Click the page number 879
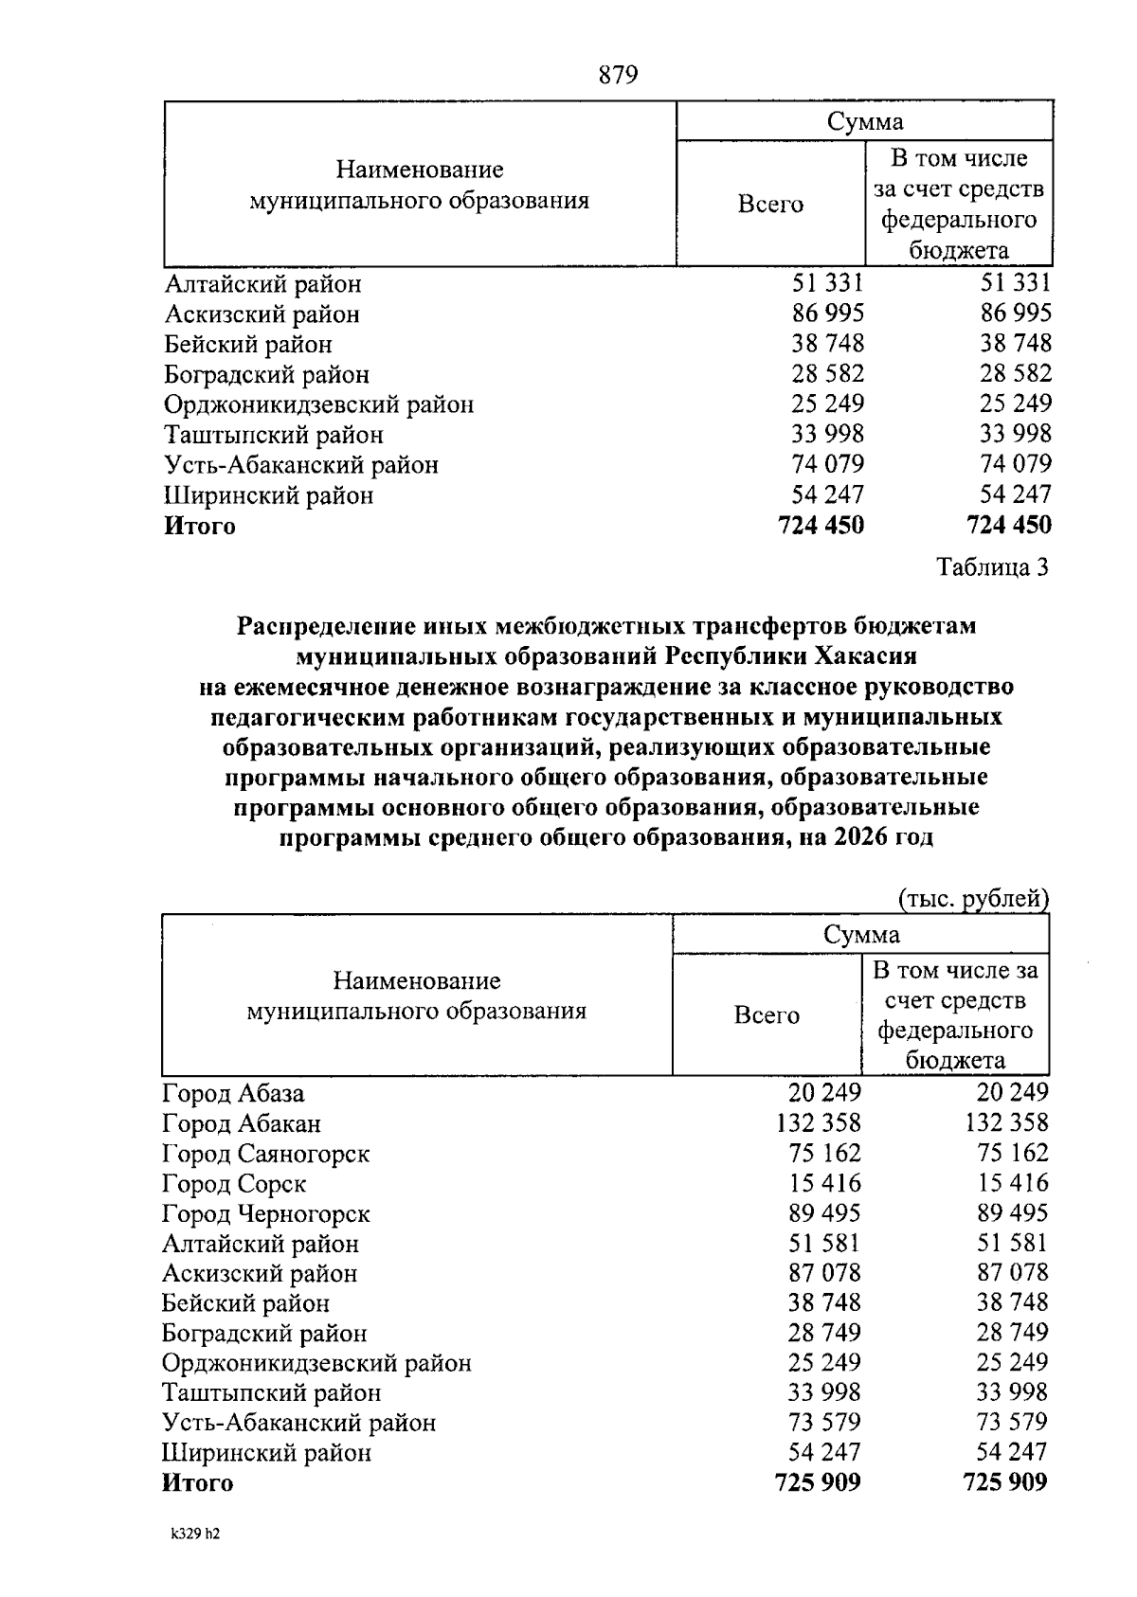(x=619, y=75)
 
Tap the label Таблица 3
(x=992, y=567)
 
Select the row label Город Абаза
(x=233, y=1094)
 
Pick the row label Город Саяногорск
(x=265, y=1154)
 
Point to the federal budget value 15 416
(x=1013, y=1183)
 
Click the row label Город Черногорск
(x=265, y=1213)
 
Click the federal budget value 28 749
(x=1013, y=1333)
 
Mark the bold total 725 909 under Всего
(x=818, y=1482)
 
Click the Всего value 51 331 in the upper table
(x=828, y=283)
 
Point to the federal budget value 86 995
(x=1016, y=314)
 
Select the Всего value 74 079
(x=828, y=464)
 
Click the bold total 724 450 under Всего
(x=821, y=525)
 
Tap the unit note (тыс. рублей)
(x=972, y=898)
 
